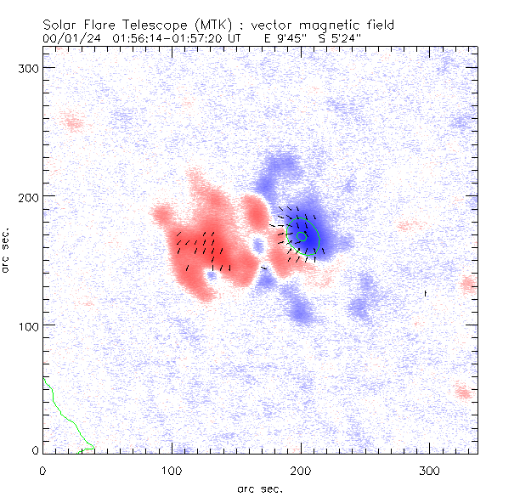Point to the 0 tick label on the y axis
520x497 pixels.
tap(36, 450)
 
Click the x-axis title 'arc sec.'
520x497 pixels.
tap(260, 489)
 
